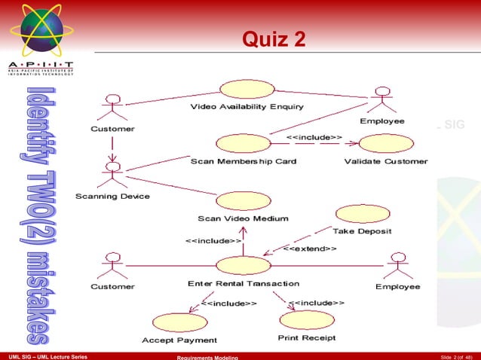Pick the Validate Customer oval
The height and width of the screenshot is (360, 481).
tap(385, 144)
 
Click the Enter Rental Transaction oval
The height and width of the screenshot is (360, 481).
tap(243, 265)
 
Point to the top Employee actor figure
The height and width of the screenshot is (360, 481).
tap(384, 100)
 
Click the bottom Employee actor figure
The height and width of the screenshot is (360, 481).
tap(397, 266)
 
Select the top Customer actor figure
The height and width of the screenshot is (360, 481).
tap(114, 108)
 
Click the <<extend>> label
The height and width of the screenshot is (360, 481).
tap(310, 249)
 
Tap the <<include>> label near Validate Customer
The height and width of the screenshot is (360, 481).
tap(314, 137)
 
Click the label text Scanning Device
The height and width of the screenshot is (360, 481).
tap(112, 197)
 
